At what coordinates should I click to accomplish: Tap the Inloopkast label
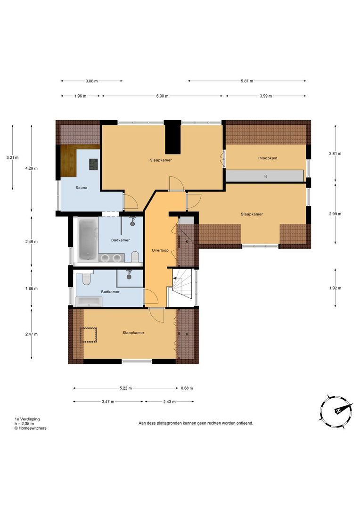click(267, 158)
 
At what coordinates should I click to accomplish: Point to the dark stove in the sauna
click(94, 164)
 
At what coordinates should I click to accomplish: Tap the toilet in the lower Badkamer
click(86, 280)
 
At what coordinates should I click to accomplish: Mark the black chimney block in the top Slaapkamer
click(174, 137)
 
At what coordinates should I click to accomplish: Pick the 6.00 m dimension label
click(162, 96)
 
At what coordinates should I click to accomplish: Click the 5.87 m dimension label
click(246, 81)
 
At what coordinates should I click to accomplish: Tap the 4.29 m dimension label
click(32, 168)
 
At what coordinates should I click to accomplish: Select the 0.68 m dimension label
click(187, 388)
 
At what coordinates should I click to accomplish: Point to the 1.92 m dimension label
click(335, 288)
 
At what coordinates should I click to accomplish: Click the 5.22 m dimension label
click(125, 388)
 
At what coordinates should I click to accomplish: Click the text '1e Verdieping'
click(27, 419)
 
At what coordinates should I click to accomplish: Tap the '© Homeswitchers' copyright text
click(30, 428)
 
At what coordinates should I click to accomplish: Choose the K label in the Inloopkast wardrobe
click(265, 176)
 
